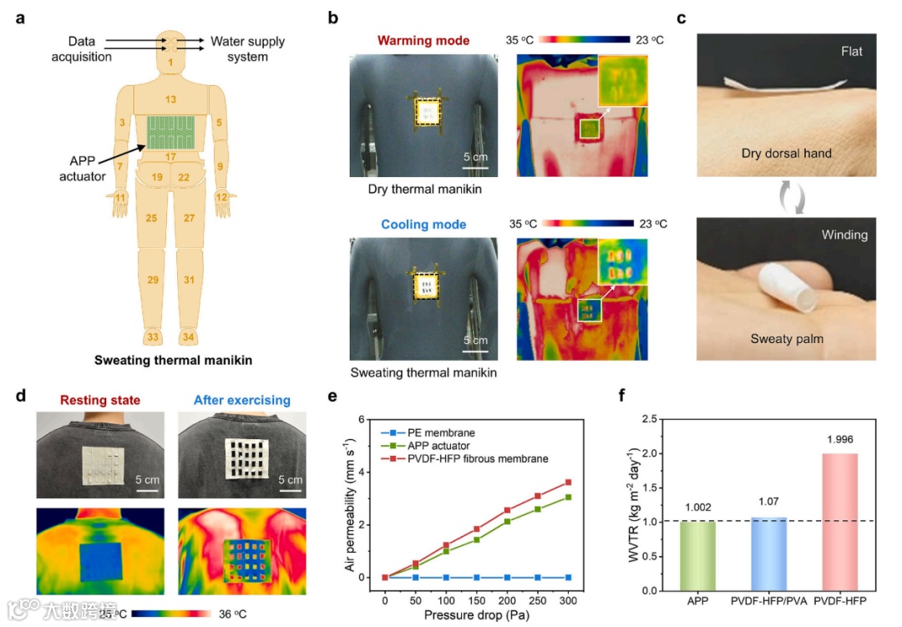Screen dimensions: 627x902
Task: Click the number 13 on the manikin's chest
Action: (170, 99)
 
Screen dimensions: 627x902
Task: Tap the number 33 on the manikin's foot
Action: (153, 336)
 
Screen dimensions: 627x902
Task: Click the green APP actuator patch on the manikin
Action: (171, 132)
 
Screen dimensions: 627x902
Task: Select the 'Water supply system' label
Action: (247, 48)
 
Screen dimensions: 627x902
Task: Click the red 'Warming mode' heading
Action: (423, 40)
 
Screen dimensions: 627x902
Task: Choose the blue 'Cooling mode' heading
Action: (423, 225)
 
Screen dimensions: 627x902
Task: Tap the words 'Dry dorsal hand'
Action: (786, 154)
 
